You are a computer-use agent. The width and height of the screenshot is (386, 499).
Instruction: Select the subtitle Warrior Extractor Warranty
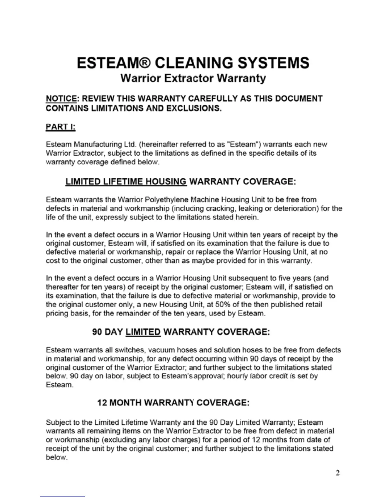[x=193, y=78]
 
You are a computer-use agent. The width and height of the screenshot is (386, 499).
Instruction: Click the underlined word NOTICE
[x=61, y=99]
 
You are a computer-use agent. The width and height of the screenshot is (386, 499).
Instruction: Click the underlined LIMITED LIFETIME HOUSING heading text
[x=126, y=181]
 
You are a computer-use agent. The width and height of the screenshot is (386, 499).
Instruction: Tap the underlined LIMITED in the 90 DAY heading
[x=143, y=332]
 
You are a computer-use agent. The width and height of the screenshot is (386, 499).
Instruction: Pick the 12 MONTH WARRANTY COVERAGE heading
[x=173, y=403]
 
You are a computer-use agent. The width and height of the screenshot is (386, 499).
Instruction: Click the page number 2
[x=338, y=473]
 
